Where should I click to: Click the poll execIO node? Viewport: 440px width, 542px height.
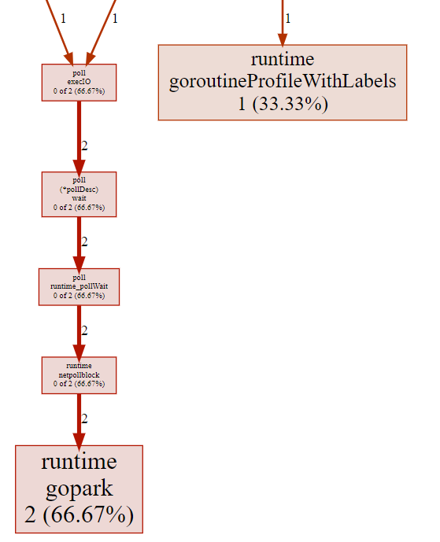(x=79, y=83)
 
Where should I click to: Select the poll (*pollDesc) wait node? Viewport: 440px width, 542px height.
(x=79, y=194)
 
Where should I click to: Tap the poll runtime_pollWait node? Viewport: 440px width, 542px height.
(x=79, y=286)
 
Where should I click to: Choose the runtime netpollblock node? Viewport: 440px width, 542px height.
(x=79, y=374)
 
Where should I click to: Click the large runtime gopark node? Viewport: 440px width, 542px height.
(x=79, y=489)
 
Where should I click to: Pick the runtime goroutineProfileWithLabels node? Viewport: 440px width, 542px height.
(x=282, y=82)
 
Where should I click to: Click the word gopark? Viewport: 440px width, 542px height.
(x=79, y=489)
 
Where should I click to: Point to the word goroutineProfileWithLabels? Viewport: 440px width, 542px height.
(x=282, y=81)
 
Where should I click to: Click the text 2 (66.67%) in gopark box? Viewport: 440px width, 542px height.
(x=79, y=515)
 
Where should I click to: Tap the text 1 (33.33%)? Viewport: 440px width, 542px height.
(x=282, y=104)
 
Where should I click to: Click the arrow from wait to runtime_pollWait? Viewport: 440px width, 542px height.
(x=79, y=242)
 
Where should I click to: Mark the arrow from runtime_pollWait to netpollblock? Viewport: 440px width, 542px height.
(x=79, y=330)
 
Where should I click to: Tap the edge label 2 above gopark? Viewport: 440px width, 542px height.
(x=84, y=418)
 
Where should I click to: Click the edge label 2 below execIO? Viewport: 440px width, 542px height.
(x=84, y=146)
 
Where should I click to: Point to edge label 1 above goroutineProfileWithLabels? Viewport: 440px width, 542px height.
(x=287, y=18)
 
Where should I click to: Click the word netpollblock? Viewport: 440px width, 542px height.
(x=79, y=374)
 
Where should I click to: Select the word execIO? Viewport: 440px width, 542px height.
(x=79, y=83)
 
